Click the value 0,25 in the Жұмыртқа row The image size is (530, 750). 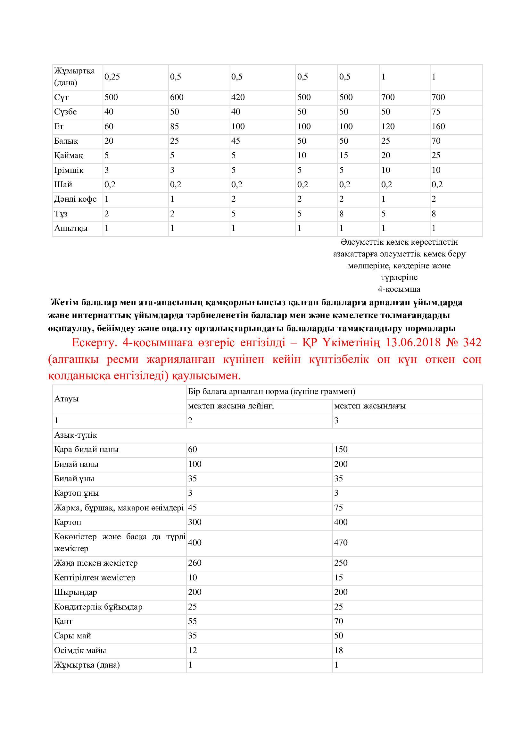112,77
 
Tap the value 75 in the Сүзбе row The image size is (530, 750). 436,112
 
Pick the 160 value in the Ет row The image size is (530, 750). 438,126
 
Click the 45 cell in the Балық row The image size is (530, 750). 236,141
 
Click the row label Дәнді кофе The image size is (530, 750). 75,199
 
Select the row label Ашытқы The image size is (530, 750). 71,228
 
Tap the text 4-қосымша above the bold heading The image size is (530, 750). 399,289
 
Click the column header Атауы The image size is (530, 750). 66,399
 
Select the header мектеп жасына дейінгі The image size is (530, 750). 231,406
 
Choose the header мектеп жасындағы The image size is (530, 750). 370,406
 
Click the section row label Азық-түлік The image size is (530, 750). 75,435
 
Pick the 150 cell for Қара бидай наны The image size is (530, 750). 341,450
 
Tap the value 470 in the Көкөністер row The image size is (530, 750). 341,543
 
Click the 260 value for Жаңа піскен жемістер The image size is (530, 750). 195,563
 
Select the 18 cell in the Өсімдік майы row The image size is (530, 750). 338,650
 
